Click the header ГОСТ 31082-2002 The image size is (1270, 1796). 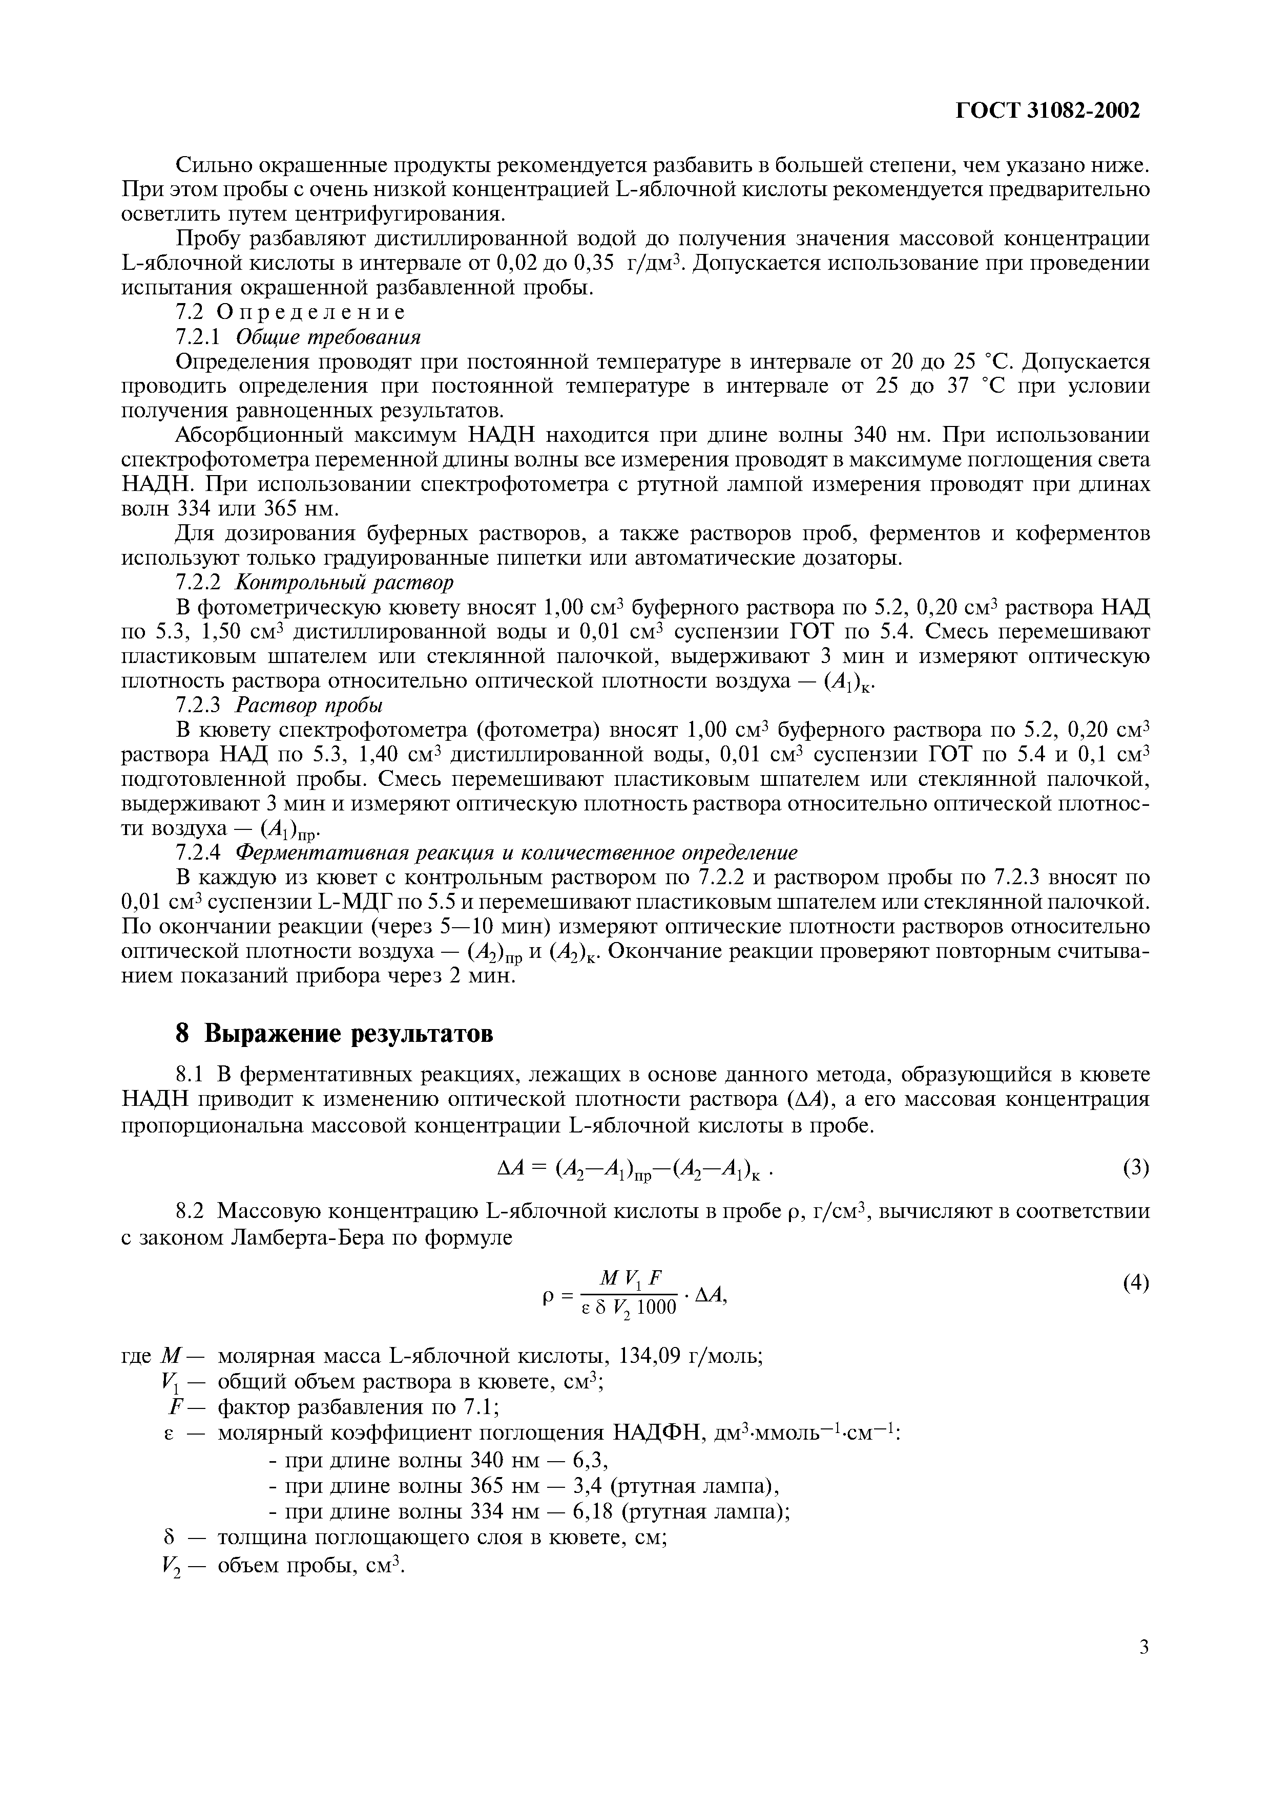coord(1048,111)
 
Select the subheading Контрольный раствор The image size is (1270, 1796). coord(344,583)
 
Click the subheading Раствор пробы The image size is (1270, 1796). coord(309,705)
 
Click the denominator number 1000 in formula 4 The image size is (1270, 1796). coord(656,1308)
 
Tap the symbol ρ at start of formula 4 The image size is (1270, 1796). coord(548,1297)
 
